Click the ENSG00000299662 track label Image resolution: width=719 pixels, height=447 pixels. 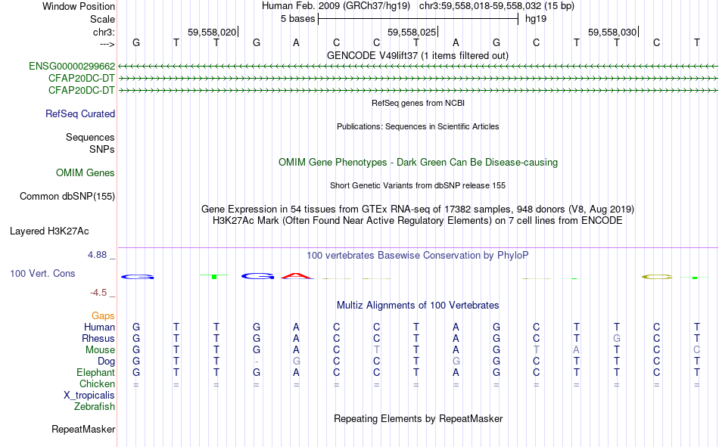coord(72,67)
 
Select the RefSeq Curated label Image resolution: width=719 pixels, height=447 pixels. coord(80,114)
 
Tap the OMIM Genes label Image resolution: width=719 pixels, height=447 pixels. coord(86,173)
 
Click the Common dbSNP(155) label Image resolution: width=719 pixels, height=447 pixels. coord(67,197)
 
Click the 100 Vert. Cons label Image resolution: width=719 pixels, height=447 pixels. coord(42,273)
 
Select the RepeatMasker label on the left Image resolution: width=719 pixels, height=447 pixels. coord(83,430)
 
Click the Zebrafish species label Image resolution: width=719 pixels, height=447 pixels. coord(95,407)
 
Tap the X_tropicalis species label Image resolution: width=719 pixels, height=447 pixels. coord(89,395)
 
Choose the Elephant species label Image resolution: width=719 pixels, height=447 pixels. coord(95,373)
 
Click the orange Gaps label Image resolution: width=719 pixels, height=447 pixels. coord(103,315)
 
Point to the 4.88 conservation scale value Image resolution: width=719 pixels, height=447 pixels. coord(98,255)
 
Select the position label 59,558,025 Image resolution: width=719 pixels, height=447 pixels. coord(412,33)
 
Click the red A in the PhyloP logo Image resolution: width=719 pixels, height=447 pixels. coord(297,276)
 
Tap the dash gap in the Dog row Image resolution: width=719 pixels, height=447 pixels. coord(257,362)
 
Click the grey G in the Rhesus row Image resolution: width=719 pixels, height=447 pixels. coord(617,339)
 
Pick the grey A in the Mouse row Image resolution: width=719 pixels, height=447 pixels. coord(577,350)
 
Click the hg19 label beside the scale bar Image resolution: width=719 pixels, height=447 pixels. coord(536,18)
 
